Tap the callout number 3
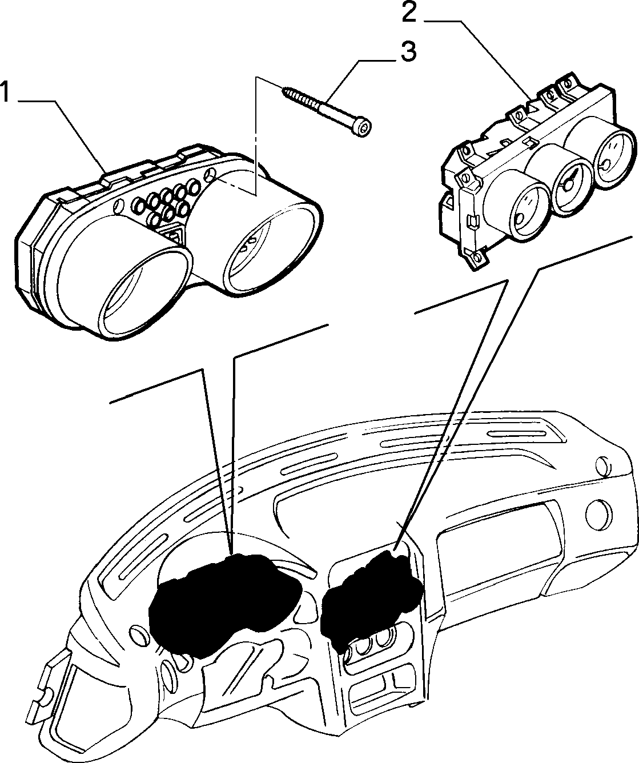(x=408, y=51)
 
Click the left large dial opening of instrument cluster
(x=144, y=291)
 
